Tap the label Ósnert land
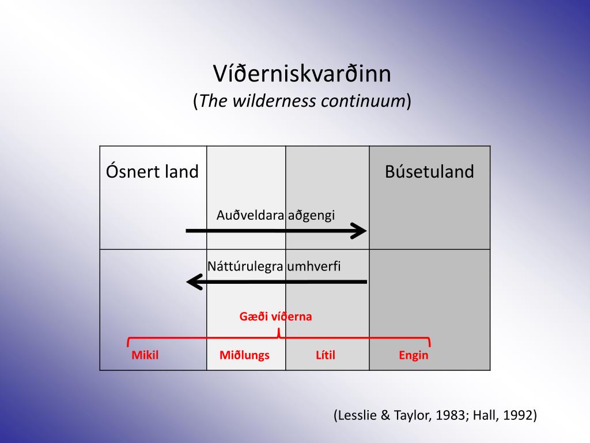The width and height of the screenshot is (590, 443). [152, 171]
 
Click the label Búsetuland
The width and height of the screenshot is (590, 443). [429, 171]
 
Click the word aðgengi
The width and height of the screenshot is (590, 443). [311, 215]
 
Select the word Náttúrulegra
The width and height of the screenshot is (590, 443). [245, 266]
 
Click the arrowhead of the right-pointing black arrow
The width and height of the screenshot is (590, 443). [361, 231]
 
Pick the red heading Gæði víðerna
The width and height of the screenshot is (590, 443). [275, 316]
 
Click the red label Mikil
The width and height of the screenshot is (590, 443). [145, 355]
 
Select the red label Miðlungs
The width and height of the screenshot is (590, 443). [244, 355]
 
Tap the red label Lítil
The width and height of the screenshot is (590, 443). [325, 355]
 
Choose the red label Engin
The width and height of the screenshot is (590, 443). [413, 355]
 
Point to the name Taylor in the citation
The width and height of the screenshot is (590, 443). [409, 415]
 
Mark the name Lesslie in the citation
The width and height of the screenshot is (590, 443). [356, 415]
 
